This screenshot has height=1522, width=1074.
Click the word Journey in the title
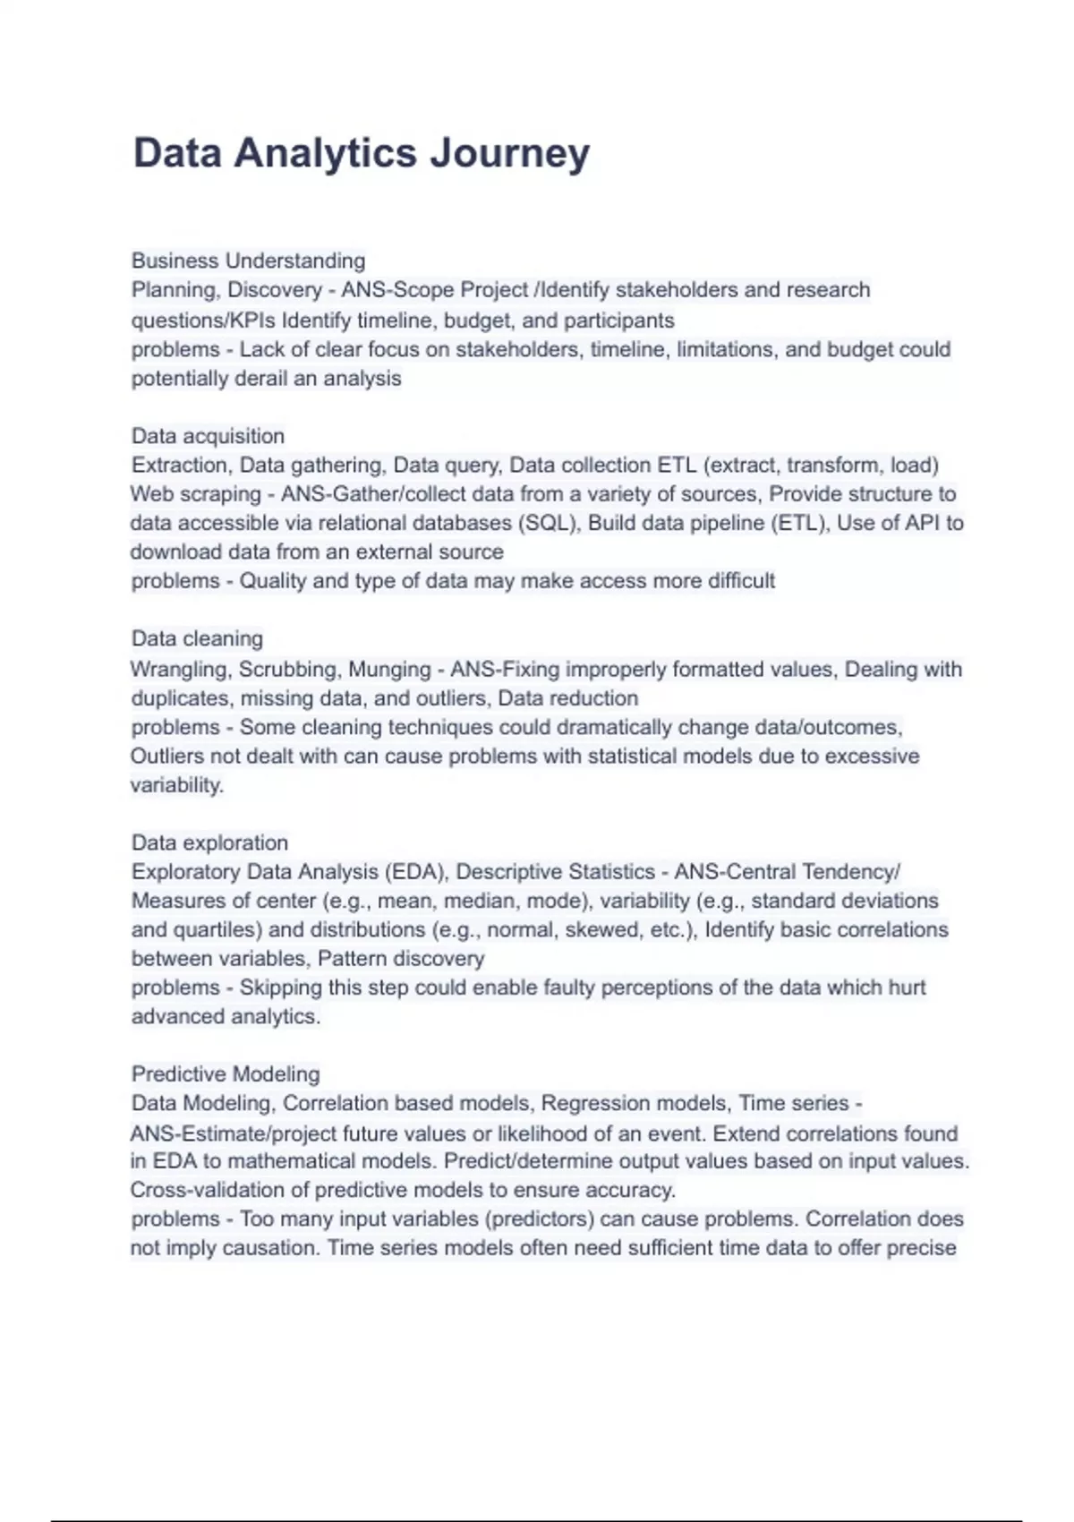click(x=509, y=153)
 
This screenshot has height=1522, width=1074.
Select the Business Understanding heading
click(x=248, y=261)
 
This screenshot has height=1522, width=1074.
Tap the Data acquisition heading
click(x=208, y=436)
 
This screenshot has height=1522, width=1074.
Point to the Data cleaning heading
click(x=197, y=638)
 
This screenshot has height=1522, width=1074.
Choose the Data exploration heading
click(x=209, y=842)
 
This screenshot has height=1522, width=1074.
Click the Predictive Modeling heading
click(x=226, y=1073)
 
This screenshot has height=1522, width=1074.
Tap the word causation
click(x=269, y=1247)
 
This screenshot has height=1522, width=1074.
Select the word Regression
click(x=585, y=1103)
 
